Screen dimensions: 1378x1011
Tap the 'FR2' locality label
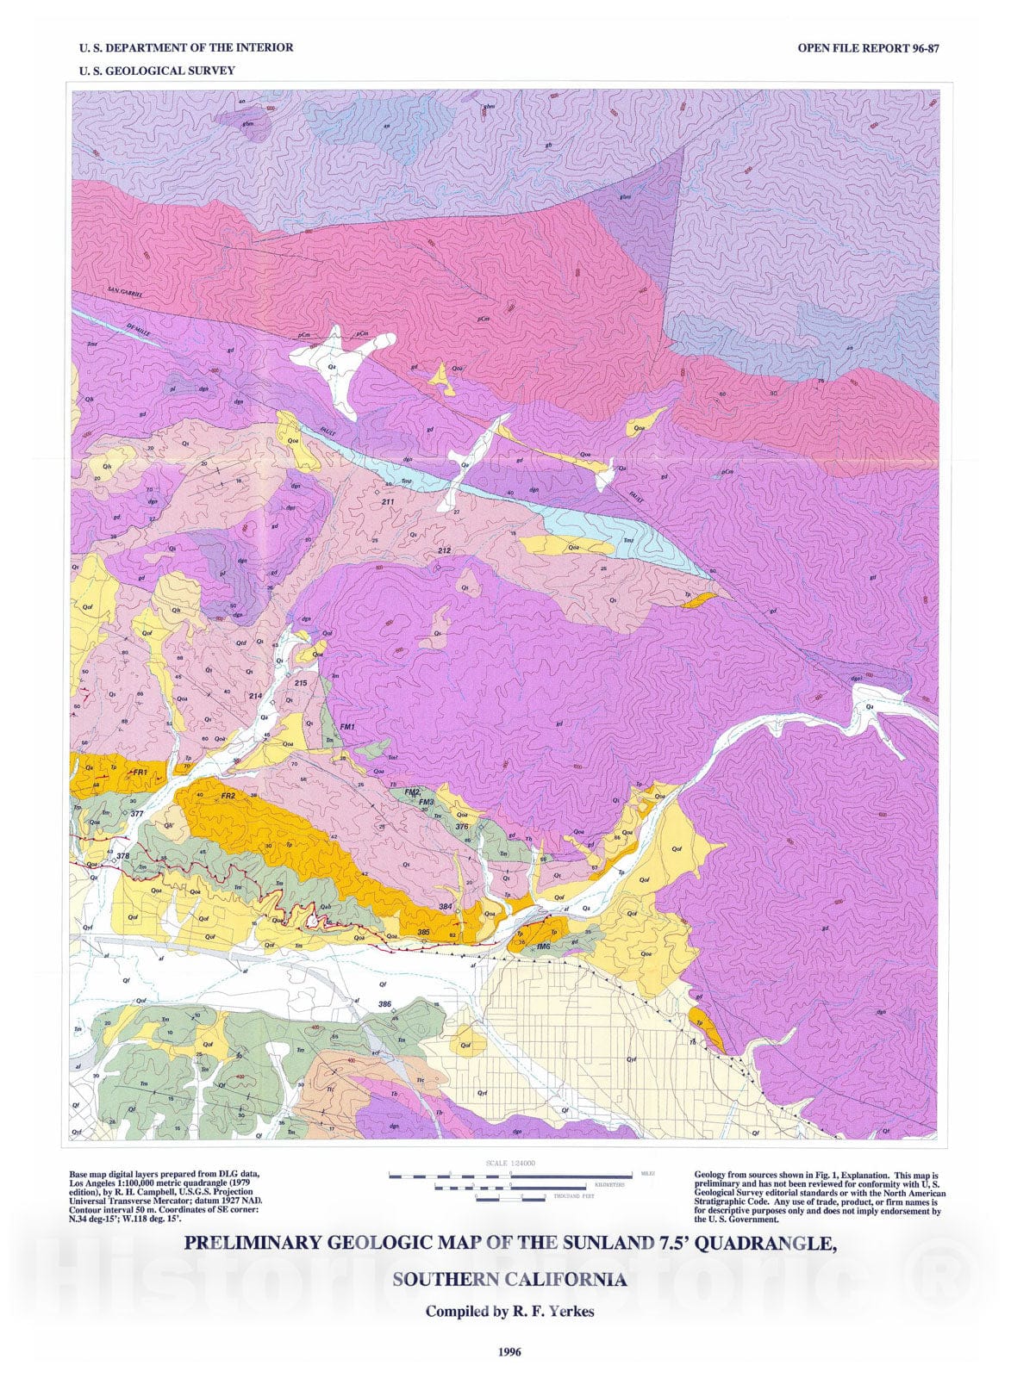[228, 796]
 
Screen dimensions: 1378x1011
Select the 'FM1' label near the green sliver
[347, 727]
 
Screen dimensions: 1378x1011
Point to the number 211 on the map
[388, 501]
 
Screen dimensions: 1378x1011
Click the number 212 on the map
[444, 549]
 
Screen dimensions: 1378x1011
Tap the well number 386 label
[384, 1004]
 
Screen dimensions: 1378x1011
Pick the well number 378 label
[123, 856]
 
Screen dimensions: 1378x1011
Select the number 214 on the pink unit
[255, 696]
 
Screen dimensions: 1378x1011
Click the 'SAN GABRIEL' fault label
[126, 293]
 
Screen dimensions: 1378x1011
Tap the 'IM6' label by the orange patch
[543, 947]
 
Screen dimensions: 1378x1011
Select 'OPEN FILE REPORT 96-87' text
[867, 48]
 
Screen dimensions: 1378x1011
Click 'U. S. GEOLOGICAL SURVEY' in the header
[157, 71]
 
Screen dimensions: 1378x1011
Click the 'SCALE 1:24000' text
[510, 1163]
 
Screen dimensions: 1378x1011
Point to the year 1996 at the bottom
[509, 1351]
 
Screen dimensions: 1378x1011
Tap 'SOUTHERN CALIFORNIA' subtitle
[509, 1279]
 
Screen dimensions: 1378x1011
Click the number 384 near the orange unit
[446, 907]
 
